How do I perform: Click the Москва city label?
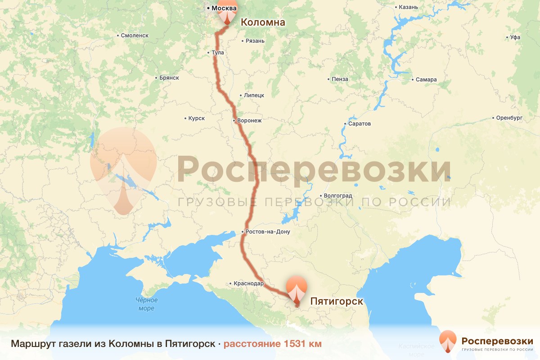224,8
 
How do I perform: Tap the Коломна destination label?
263,22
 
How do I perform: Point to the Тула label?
217,53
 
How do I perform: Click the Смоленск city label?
134,35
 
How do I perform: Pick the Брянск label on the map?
169,78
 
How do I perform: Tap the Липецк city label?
254,95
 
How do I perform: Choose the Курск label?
197,118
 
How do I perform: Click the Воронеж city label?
249,121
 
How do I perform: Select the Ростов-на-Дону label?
268,232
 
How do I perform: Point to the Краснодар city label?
248,284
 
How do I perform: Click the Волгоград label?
337,196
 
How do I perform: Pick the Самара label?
426,80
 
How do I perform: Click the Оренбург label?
508,118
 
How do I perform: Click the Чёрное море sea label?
147,304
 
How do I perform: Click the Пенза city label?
340,79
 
